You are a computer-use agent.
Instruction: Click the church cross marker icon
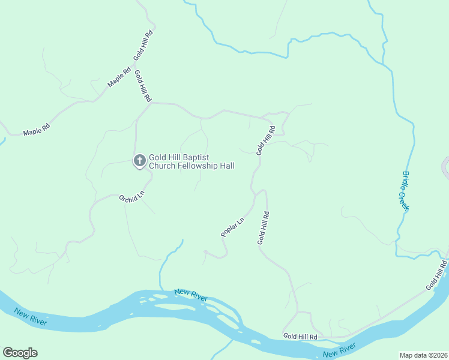pyautogui.click(x=139, y=160)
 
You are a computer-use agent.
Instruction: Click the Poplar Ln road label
pyautogui.click(x=233, y=227)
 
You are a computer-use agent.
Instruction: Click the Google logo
pyautogui.click(x=20, y=353)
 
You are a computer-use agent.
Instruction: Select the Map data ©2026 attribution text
pyautogui.click(x=423, y=355)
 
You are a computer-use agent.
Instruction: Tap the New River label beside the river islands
pyautogui.click(x=191, y=295)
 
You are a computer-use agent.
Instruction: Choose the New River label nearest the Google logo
pyautogui.click(x=31, y=319)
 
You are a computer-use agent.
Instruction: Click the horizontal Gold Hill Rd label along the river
pyautogui.click(x=300, y=336)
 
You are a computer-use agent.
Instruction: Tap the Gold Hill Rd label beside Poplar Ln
pyautogui.click(x=263, y=227)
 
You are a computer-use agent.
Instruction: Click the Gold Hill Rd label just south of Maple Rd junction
pyautogui.click(x=143, y=86)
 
